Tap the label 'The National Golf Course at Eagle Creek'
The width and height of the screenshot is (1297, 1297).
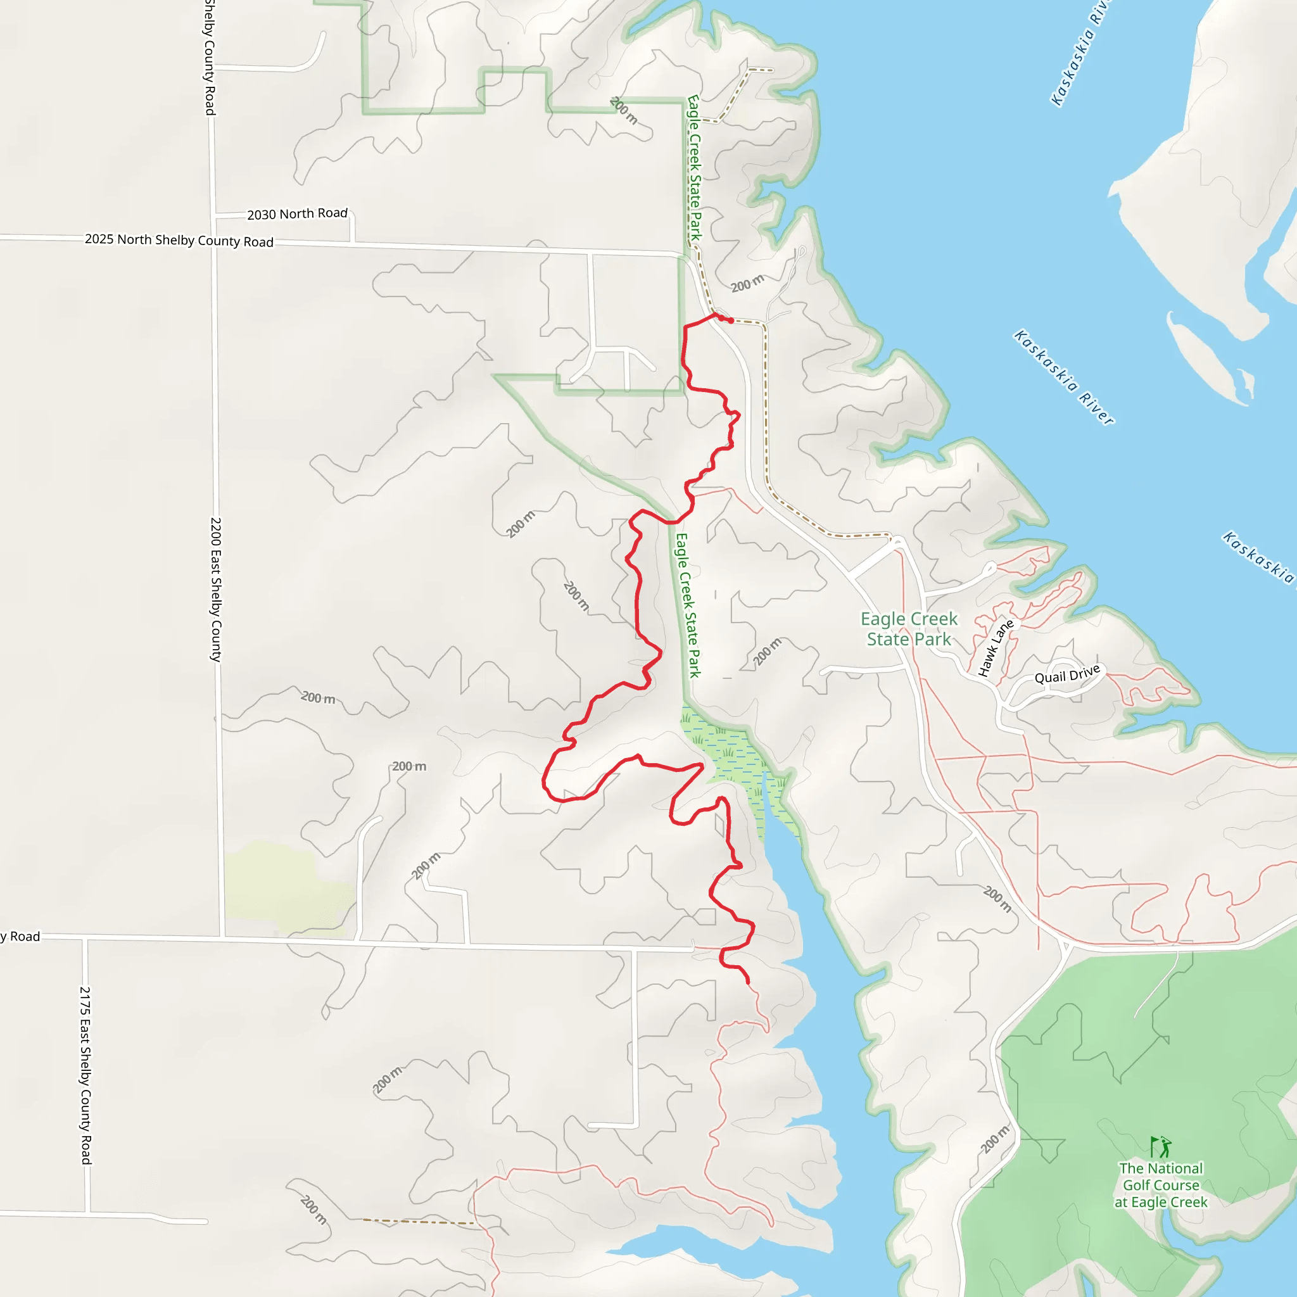coord(1161,1185)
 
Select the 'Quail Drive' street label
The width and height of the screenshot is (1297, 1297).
coord(1066,673)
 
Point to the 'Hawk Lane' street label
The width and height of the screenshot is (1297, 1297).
coord(996,648)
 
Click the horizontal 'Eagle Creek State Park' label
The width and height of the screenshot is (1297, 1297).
coord(909,628)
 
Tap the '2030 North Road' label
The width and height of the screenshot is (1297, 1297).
coord(297,213)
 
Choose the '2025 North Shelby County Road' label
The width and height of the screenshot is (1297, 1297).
coord(179,239)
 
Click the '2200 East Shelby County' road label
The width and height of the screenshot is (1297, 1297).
coord(215,589)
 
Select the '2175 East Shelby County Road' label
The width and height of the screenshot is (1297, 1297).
coord(85,1074)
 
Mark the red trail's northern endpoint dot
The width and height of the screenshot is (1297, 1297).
coord(730,320)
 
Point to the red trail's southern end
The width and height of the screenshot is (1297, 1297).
coord(748,982)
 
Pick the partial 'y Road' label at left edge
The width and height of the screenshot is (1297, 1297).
coord(20,937)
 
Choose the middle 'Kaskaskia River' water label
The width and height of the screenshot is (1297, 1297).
coord(1063,377)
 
